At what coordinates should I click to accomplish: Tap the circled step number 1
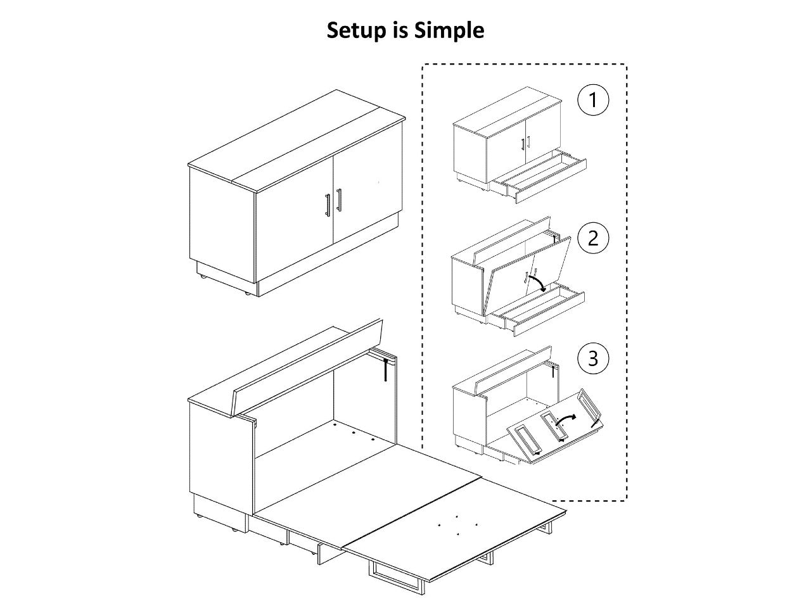(x=593, y=100)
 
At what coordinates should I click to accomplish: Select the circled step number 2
(x=593, y=238)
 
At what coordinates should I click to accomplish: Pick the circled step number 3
(x=593, y=358)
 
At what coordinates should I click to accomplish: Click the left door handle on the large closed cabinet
(x=328, y=206)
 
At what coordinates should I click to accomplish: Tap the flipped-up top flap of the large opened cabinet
(x=310, y=370)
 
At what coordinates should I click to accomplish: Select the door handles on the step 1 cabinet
(x=524, y=144)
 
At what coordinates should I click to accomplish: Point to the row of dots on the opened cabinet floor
(x=355, y=434)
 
